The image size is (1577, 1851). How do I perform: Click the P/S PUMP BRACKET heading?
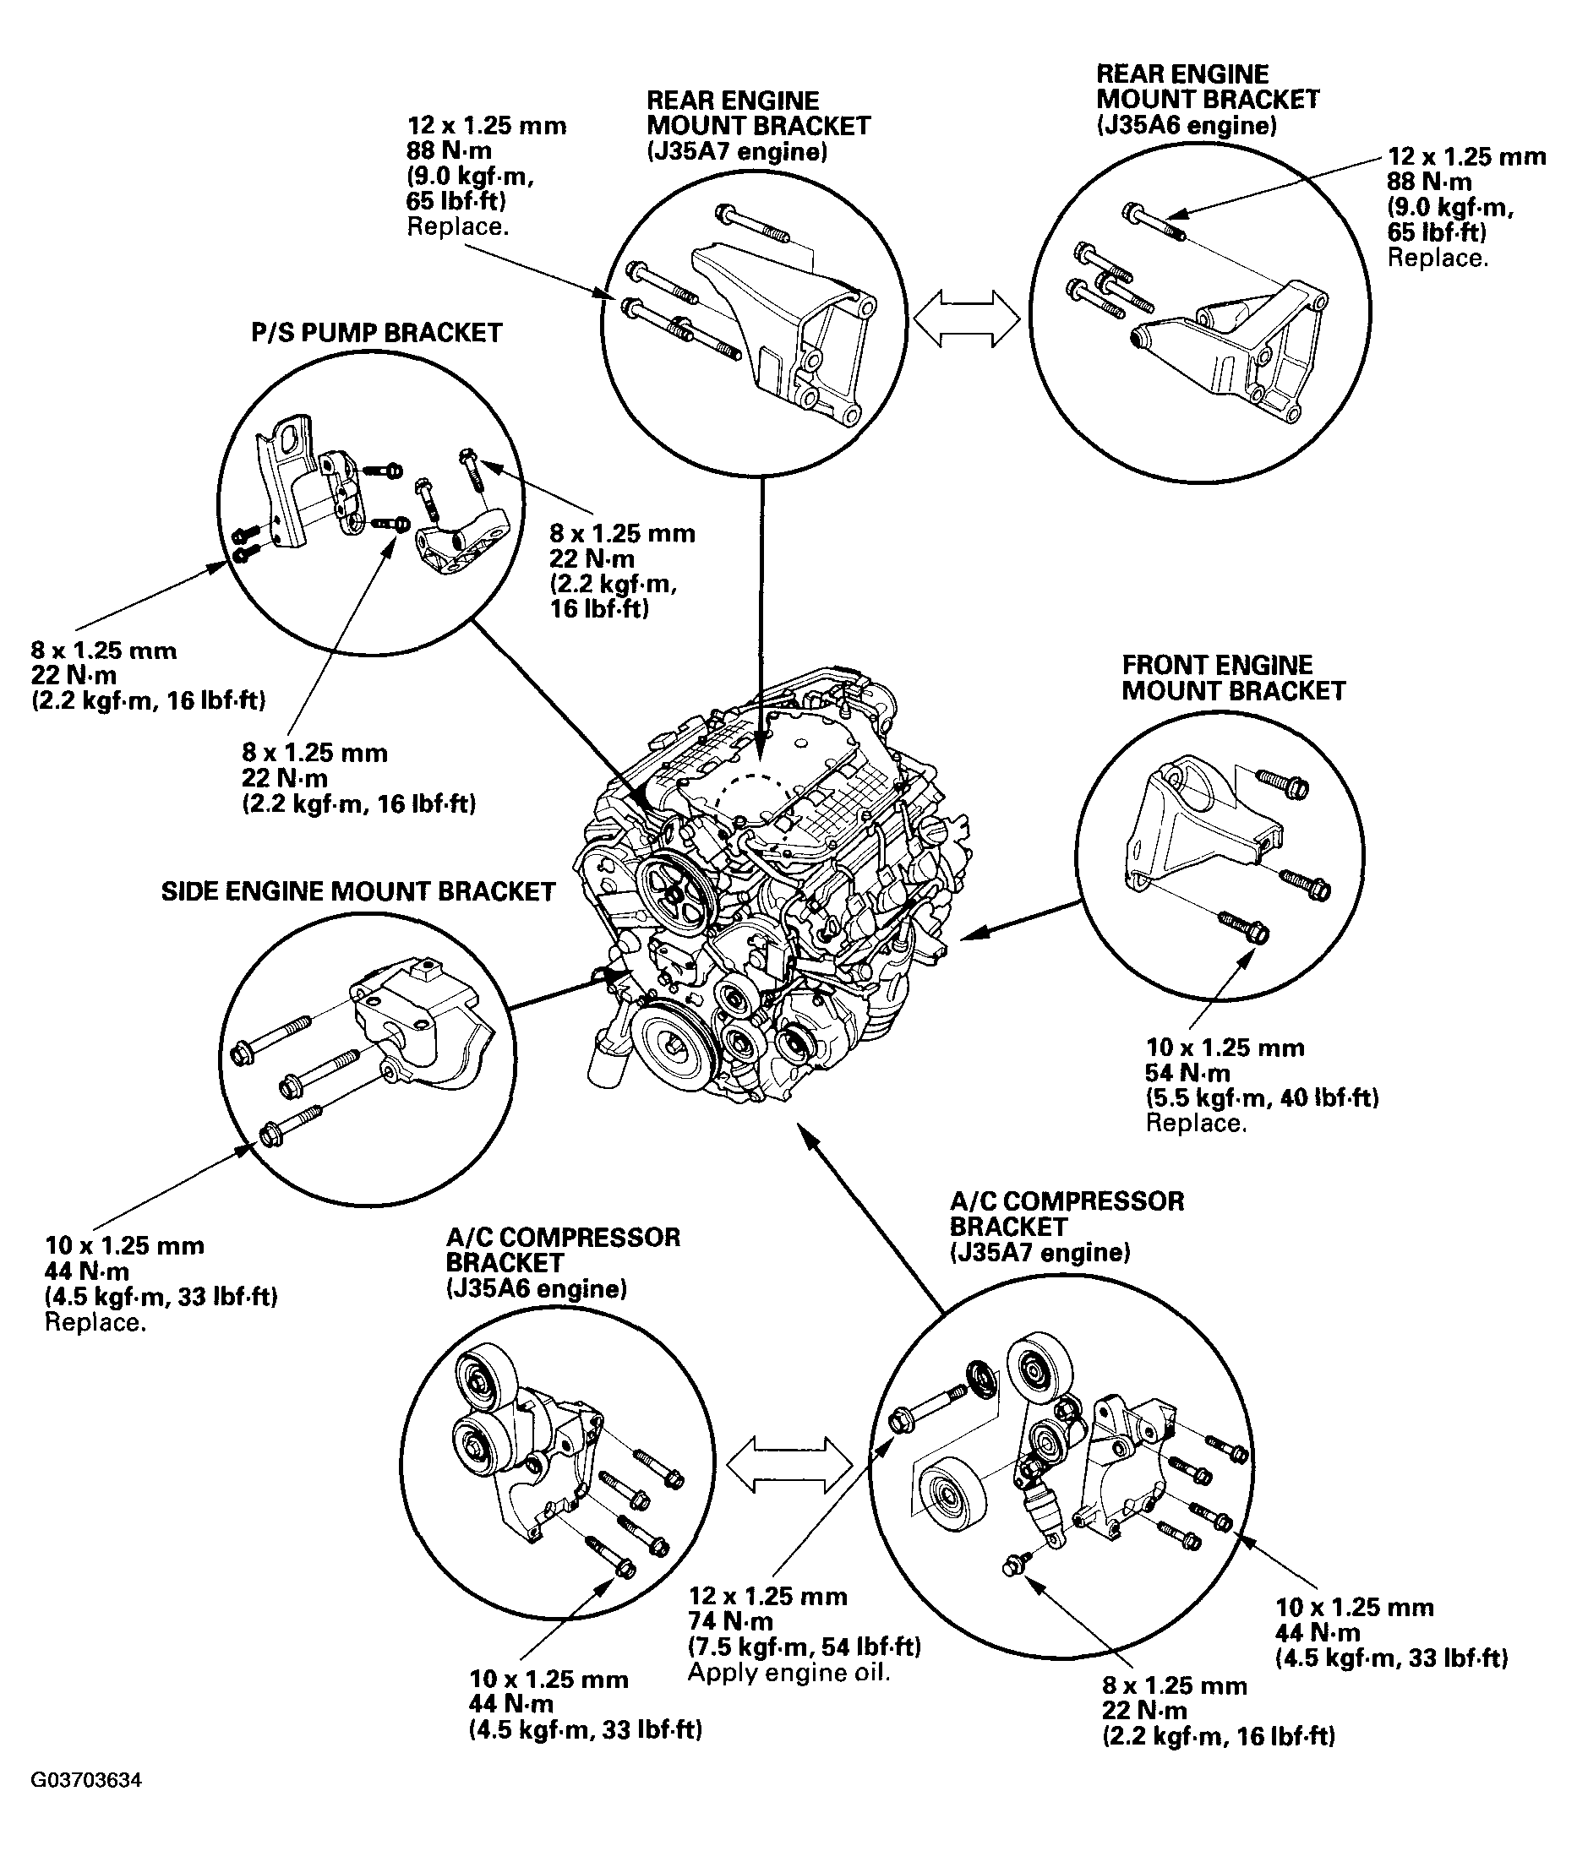tap(376, 333)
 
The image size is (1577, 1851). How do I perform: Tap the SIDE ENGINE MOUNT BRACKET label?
tap(357, 891)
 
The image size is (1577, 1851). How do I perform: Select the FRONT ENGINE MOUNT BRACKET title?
tap(1232, 678)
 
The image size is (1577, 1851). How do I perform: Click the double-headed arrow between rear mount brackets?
tap(967, 317)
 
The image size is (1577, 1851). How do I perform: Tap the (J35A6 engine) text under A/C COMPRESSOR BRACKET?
tap(535, 1289)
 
